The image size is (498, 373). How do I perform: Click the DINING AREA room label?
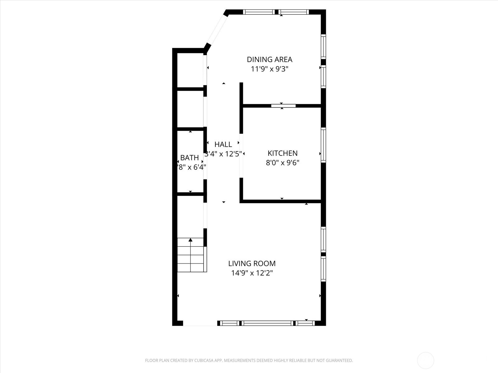tap(270, 59)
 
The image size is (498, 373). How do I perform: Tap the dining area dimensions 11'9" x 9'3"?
tap(270, 69)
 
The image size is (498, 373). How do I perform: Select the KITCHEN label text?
tap(283, 153)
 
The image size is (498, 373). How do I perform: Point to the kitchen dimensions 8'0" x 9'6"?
tap(283, 163)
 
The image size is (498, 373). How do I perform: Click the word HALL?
tap(223, 145)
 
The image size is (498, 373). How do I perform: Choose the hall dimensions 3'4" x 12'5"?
tap(223, 154)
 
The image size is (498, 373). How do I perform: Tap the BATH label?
tap(190, 158)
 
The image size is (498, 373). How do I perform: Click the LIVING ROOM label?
tap(252, 264)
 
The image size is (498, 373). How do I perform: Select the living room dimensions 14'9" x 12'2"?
tap(252, 273)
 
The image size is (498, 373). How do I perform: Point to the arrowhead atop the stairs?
tap(190, 240)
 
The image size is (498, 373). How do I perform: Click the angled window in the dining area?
tap(217, 30)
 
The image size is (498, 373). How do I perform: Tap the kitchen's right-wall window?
tap(323, 145)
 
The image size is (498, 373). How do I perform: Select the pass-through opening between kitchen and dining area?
tap(283, 106)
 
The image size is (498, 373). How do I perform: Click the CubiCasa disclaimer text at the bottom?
tap(249, 361)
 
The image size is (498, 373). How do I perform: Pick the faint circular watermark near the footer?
tap(425, 361)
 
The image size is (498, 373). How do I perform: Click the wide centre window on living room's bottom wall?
tap(268, 323)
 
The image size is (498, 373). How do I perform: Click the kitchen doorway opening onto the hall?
tap(241, 155)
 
